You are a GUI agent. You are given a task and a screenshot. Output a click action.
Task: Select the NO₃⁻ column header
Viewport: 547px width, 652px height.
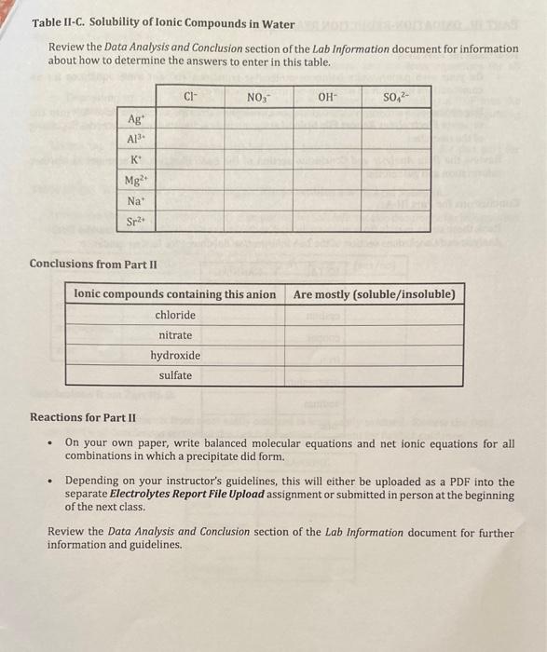click(x=258, y=95)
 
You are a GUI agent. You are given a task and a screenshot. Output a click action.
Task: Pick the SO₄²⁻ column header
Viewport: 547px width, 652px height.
click(x=396, y=95)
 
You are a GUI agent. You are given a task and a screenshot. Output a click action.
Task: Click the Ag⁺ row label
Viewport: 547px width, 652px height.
click(x=136, y=117)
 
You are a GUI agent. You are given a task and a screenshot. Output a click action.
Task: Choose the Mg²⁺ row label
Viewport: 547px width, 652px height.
click(x=135, y=180)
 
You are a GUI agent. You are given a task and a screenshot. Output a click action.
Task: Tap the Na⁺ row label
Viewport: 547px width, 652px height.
click(x=136, y=200)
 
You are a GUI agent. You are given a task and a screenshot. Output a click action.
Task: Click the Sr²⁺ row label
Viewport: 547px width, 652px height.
click(x=136, y=222)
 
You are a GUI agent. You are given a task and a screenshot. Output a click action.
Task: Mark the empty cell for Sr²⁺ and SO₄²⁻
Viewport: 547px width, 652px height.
click(x=396, y=222)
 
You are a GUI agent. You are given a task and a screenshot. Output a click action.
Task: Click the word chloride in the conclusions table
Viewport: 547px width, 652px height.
click(x=175, y=315)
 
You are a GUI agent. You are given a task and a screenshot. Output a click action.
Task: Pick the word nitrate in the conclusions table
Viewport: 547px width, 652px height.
click(x=175, y=335)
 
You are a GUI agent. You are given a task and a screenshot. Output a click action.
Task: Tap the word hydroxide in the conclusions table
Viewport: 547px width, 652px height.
click(x=175, y=356)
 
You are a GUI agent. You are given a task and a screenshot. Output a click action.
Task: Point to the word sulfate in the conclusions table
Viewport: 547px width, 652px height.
click(x=175, y=376)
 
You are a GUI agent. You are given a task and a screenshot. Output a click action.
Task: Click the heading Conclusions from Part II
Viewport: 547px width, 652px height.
click(x=93, y=264)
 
